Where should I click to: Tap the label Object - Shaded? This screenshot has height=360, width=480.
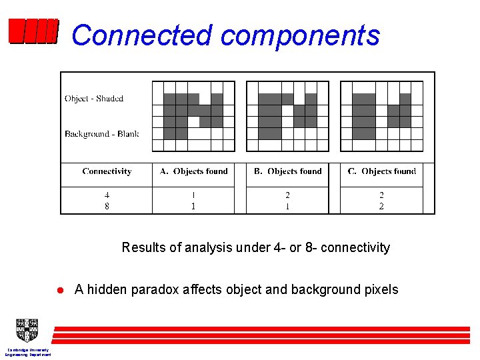pos(94,99)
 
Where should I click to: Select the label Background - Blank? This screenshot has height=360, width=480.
pos(101,134)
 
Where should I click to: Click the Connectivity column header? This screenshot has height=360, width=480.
pos(107,171)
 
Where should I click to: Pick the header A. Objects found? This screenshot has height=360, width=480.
pos(193,171)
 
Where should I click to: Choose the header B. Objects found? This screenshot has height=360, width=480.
pos(287,171)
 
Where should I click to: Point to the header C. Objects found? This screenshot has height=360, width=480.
pos(381,171)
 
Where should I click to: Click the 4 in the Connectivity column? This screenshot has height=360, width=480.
pos(107,195)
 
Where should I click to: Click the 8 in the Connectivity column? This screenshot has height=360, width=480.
pos(107,207)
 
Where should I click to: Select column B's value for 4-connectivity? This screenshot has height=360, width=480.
pos(287,195)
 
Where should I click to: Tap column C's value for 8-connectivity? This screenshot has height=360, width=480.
pos(381,207)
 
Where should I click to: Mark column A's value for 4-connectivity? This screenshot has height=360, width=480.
pos(193,195)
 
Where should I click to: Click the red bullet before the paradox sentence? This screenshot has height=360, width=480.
pos(59,290)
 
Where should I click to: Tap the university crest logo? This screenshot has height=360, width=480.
pos(27,330)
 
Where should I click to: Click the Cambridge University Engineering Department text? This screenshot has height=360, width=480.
pos(28,352)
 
